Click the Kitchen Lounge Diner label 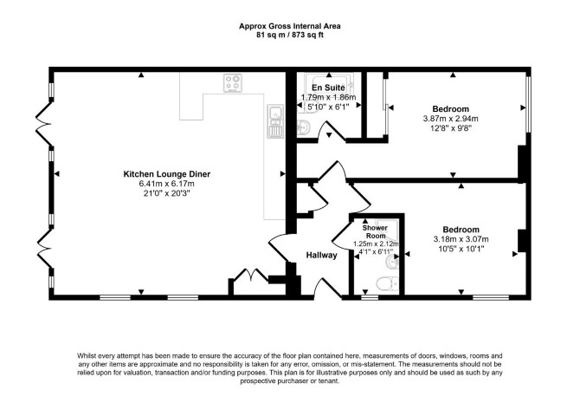coord(166,174)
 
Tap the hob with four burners coord(233,83)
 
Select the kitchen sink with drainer coord(275,121)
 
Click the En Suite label coord(328,88)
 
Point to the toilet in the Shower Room coord(387,284)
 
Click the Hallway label coord(321,255)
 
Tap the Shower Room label coord(376,231)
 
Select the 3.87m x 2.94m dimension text coord(450,119)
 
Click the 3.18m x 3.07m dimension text coord(461,239)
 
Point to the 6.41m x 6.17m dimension coord(166,184)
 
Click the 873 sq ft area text coord(308,36)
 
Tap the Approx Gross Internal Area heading coord(290,26)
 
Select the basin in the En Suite coord(304,127)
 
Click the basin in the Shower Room coord(392,263)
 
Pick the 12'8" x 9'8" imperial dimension coord(450,128)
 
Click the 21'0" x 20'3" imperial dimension coord(166,193)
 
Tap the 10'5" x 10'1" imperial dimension coord(461,249)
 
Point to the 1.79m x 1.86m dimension coord(328,97)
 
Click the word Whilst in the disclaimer coord(87,356)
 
